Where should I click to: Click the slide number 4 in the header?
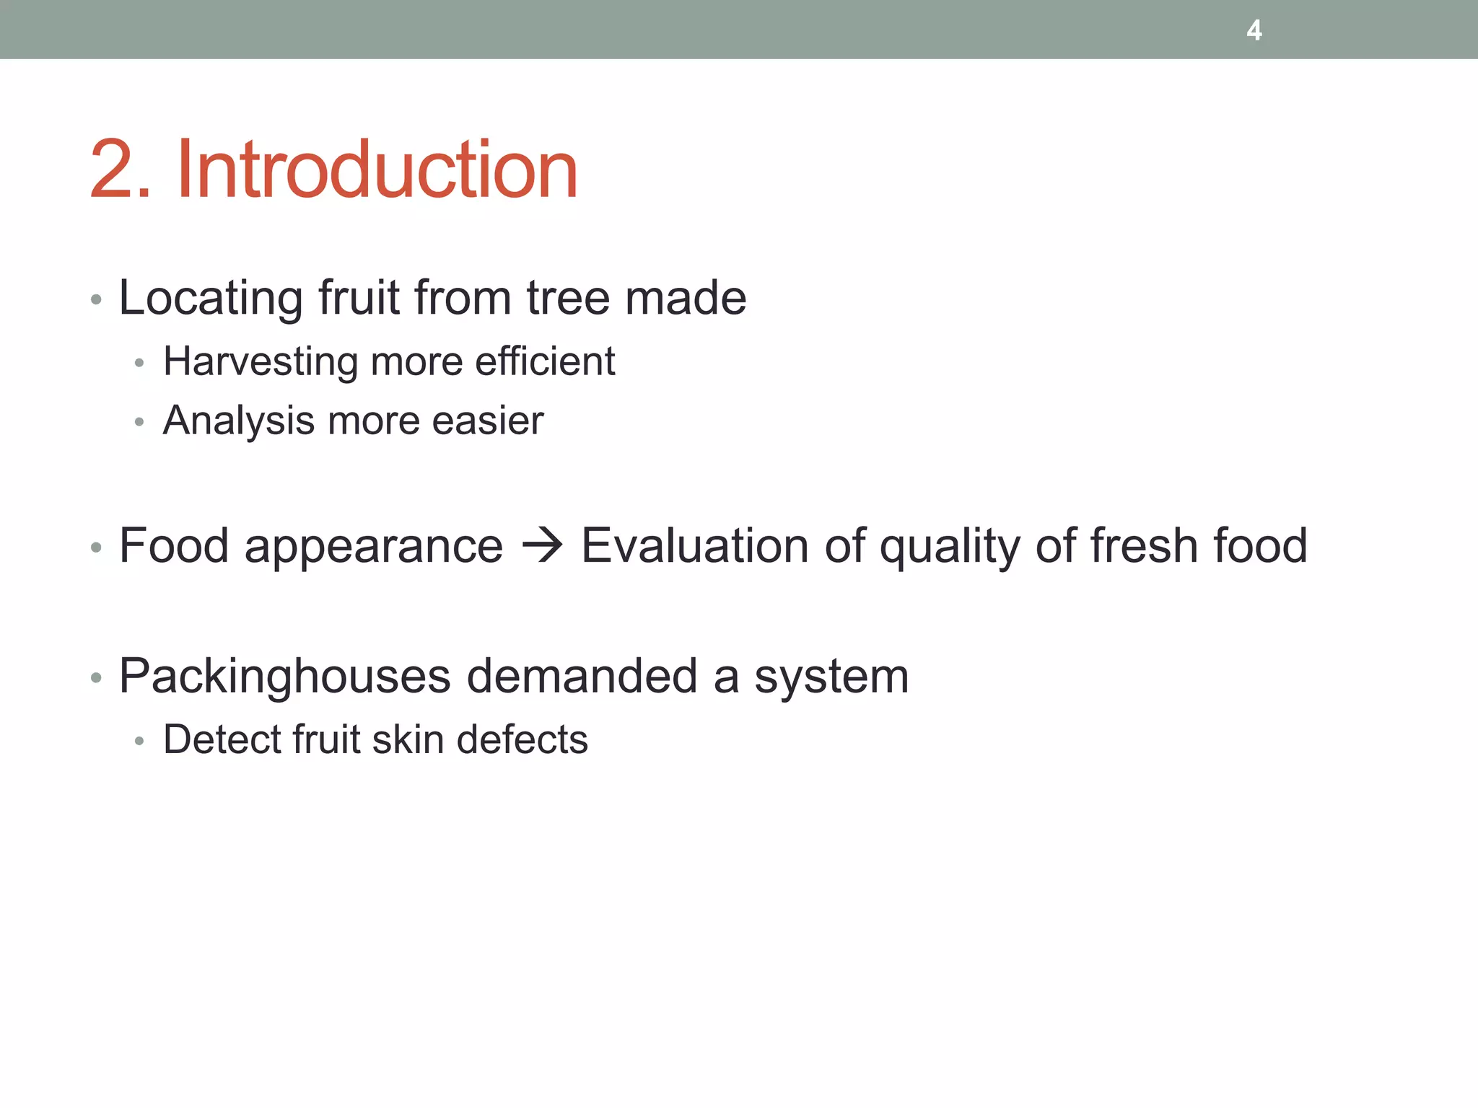coord(1254,30)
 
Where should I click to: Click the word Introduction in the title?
coord(377,170)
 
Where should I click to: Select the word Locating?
coord(211,298)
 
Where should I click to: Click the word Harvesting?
coord(261,361)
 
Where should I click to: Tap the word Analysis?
coord(239,421)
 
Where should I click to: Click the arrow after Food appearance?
coord(542,545)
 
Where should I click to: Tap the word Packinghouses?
coord(285,677)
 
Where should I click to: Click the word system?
coord(831,677)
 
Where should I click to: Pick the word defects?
coord(522,739)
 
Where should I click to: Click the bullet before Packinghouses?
coord(96,678)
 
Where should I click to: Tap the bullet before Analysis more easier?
coord(139,422)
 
